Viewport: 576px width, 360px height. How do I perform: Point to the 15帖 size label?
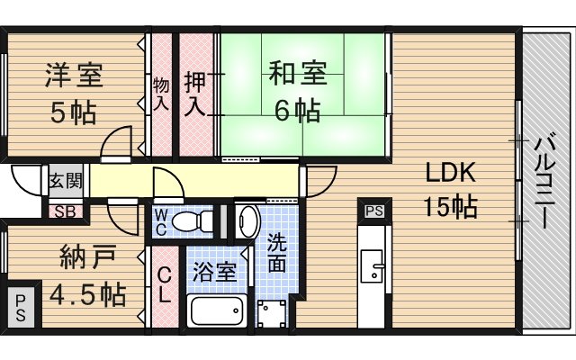click(450, 207)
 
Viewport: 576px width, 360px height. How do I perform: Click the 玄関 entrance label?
click(66, 180)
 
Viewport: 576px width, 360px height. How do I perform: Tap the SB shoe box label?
click(65, 212)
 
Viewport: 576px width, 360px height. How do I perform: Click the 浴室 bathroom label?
click(214, 271)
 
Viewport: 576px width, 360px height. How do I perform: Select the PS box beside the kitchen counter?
click(373, 211)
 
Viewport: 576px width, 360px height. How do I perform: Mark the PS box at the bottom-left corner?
click(20, 306)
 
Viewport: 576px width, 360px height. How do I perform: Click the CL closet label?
click(166, 285)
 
